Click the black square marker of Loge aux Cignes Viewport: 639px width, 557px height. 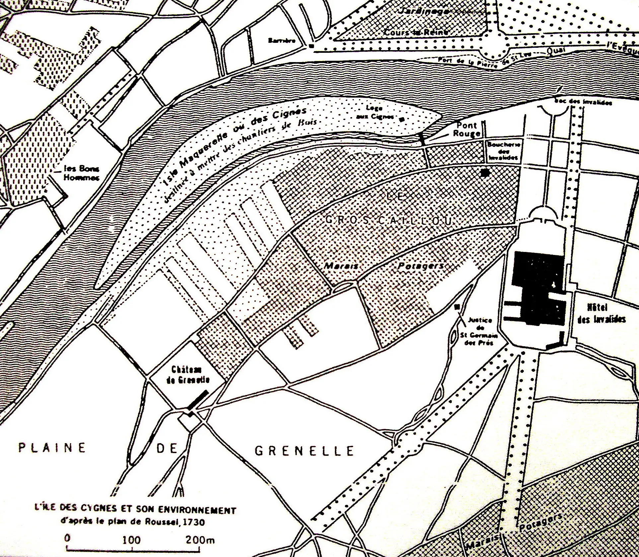[x=403, y=119]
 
